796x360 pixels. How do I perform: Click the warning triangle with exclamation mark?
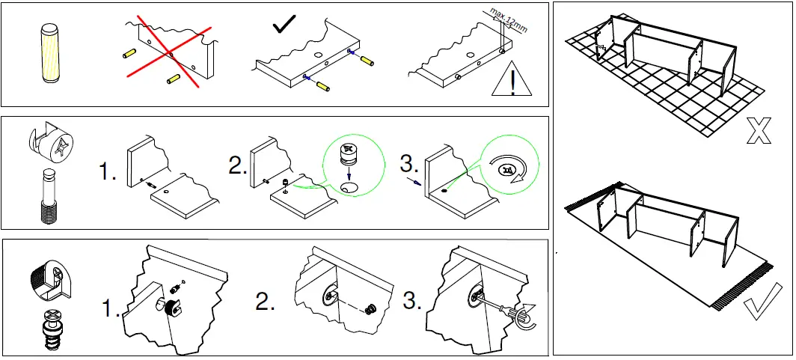click(512, 82)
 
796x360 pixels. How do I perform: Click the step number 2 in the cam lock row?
click(238, 166)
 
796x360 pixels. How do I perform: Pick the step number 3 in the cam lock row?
click(408, 164)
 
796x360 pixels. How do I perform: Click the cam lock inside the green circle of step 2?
click(348, 154)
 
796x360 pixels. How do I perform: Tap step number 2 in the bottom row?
click(265, 302)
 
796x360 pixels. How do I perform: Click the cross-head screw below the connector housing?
click(49, 329)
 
